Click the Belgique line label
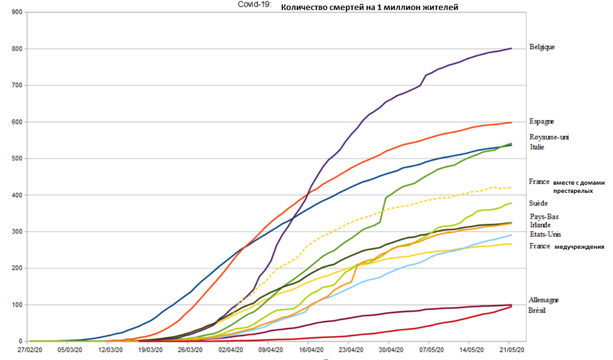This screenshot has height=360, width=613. coord(542,46)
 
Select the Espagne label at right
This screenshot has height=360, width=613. coord(542,121)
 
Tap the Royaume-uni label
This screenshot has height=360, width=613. coord(549,137)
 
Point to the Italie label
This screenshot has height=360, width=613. coord(538,147)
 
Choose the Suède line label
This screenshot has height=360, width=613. coord(539,203)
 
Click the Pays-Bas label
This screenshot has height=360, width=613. coord(544,217)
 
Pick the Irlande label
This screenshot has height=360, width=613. coord(541,224)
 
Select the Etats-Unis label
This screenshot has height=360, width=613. coord(544,234)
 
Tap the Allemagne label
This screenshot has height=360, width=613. coord(544,300)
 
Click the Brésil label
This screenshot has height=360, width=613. coord(537,310)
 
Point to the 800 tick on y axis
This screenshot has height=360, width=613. coord(16,49)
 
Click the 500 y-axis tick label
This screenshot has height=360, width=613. coord(16,158)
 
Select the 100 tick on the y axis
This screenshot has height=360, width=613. coord(16,305)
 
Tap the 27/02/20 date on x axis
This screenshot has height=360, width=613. coord(30,349)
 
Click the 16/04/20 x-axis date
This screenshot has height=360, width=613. coord(311,349)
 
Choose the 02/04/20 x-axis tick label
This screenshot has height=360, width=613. coord(231,349)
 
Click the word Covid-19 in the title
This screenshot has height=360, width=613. coord(255,5)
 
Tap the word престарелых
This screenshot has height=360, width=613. coord(573,190)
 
